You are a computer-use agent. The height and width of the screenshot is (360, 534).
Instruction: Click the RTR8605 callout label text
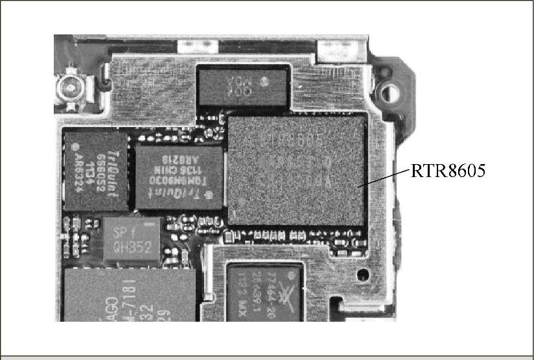point(448,171)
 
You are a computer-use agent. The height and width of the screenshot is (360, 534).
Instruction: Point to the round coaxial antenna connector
point(67,87)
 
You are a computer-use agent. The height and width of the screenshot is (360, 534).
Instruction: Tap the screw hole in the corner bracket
point(389,91)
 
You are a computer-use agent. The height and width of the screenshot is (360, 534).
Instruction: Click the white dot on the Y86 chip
point(264,82)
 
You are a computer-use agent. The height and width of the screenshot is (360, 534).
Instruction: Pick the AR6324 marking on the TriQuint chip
point(78,173)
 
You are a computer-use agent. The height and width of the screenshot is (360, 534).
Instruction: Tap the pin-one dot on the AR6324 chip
point(76,147)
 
